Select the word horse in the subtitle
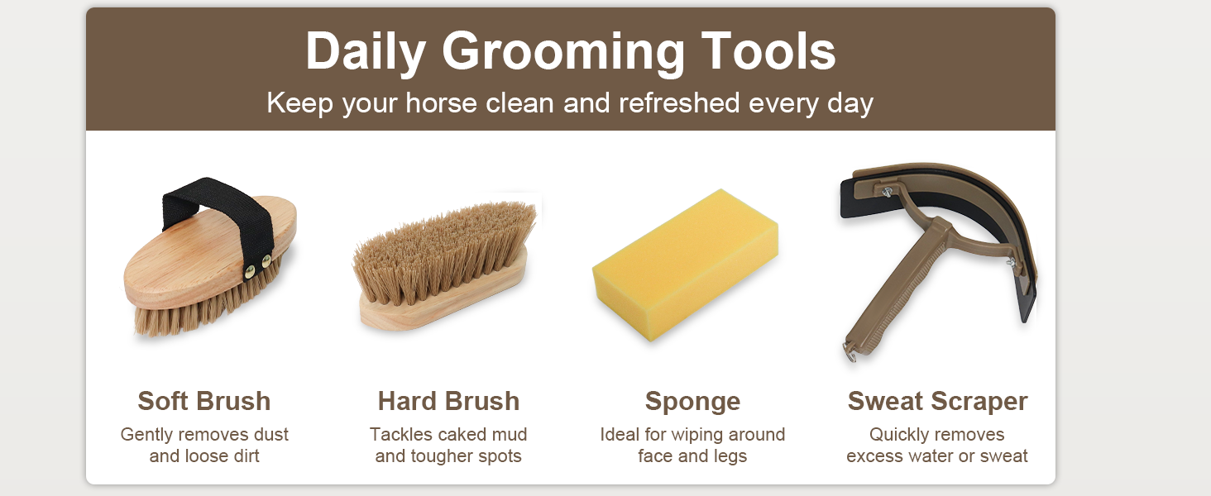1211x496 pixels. (435, 103)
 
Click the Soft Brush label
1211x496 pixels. (204, 401)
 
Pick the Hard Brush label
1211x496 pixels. (448, 401)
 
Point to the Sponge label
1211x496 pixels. (692, 401)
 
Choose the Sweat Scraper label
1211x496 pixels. (937, 401)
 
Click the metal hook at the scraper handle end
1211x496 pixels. (849, 353)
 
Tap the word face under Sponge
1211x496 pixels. (655, 455)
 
